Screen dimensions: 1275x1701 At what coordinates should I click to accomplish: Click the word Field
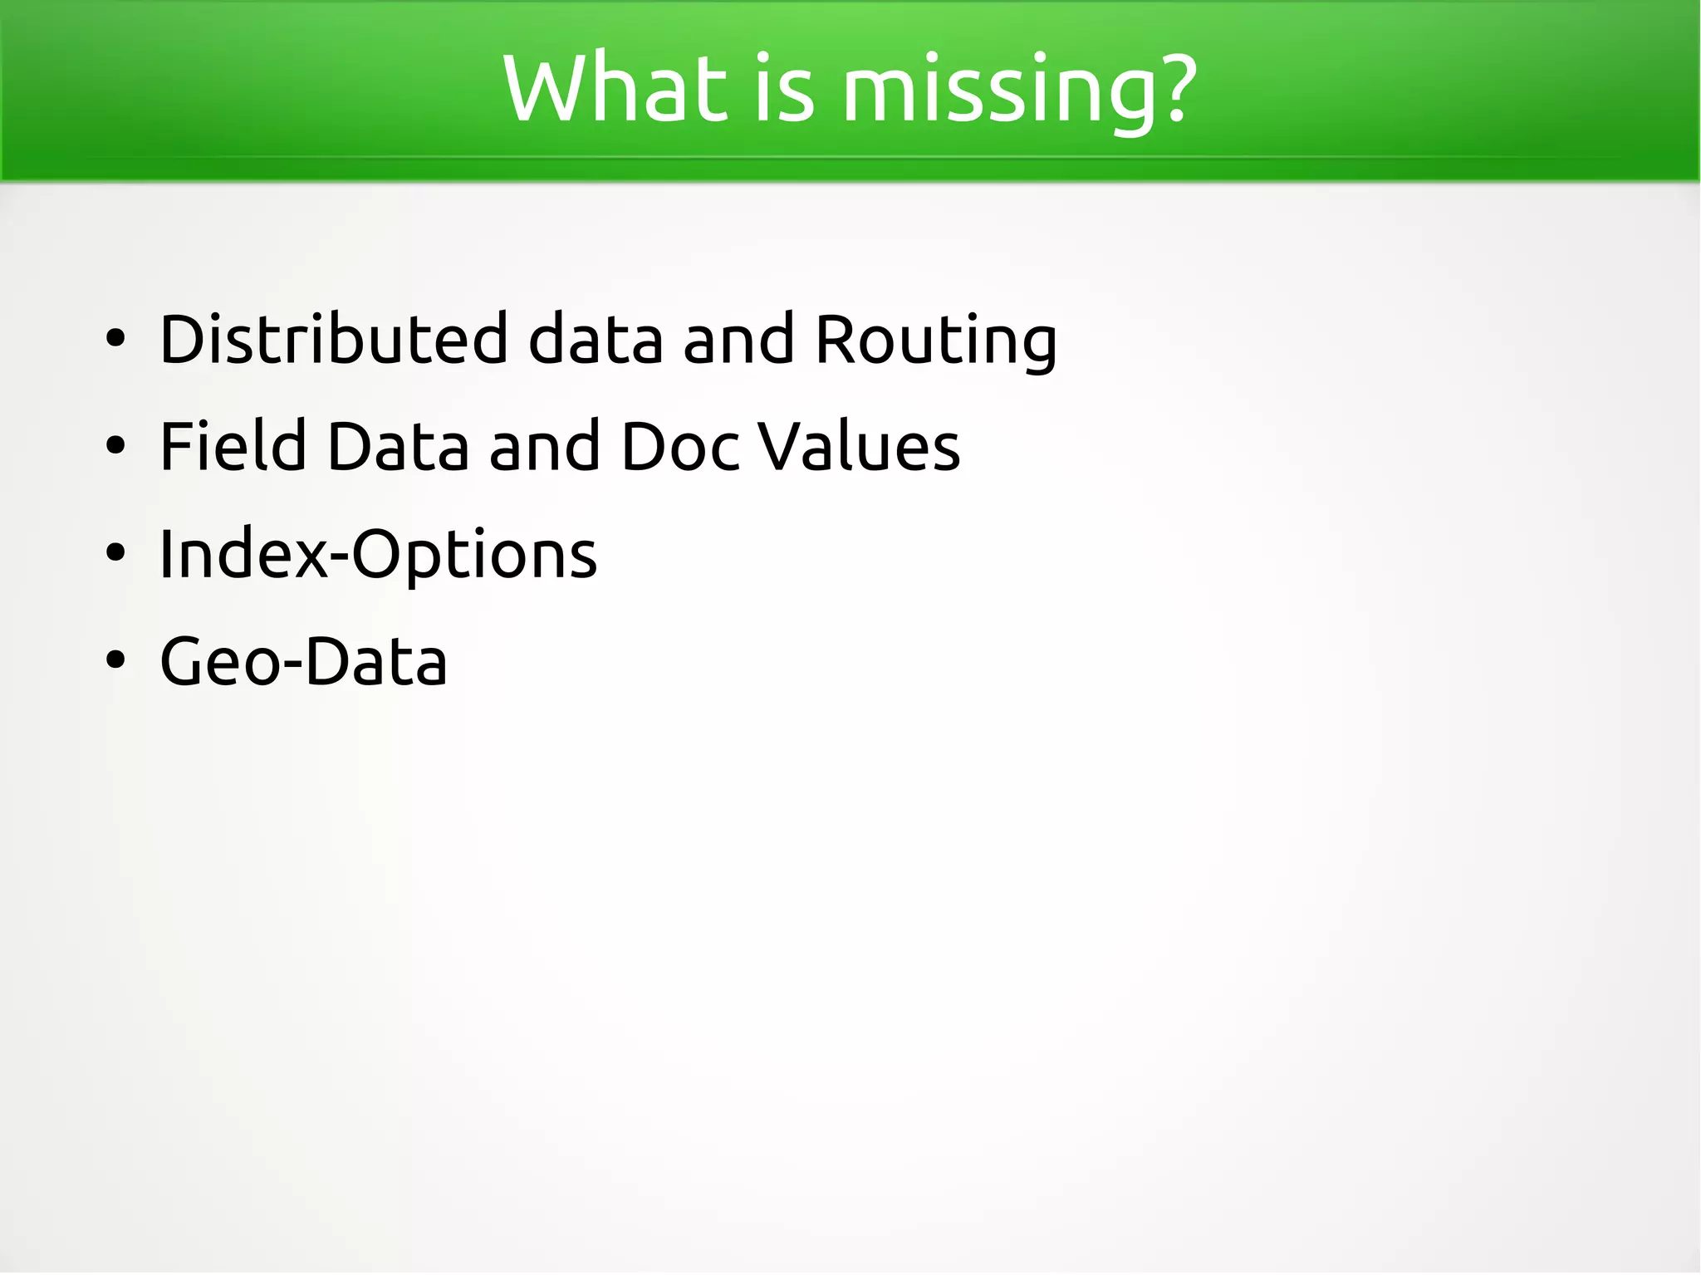click(233, 446)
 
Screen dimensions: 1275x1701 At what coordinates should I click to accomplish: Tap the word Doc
click(679, 446)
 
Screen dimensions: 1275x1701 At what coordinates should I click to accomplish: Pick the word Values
click(859, 446)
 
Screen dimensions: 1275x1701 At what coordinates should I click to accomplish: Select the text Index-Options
click(378, 555)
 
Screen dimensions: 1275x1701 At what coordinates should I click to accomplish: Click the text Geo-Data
click(303, 662)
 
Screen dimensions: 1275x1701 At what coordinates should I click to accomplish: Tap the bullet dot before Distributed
click(115, 340)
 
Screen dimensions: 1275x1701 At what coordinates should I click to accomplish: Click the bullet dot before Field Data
click(115, 446)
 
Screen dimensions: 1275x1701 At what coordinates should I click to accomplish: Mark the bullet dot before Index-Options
click(115, 553)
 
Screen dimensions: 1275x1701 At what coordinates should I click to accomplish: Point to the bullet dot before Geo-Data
click(115, 660)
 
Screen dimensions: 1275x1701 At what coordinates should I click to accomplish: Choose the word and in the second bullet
click(544, 446)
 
